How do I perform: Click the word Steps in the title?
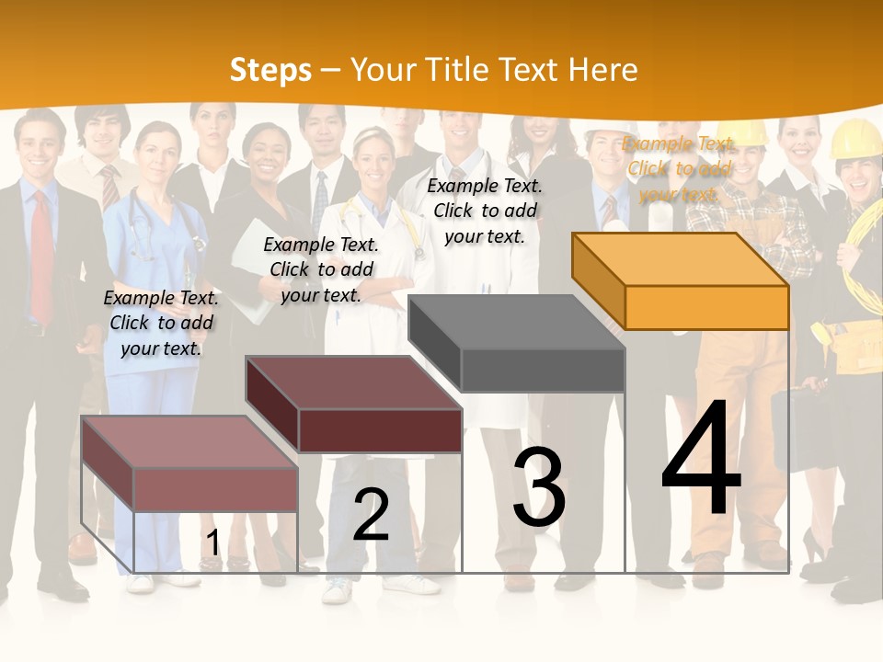click(270, 70)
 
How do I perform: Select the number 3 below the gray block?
click(539, 487)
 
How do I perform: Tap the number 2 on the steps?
click(371, 514)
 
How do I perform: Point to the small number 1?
click(212, 543)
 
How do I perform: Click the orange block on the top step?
click(681, 281)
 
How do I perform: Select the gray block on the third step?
click(517, 344)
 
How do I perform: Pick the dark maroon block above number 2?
click(354, 405)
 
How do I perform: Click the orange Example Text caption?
click(679, 168)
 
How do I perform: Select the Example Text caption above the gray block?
click(485, 211)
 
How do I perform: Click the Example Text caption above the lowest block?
click(161, 323)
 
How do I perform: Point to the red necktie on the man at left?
click(41, 257)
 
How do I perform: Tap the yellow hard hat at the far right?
click(856, 138)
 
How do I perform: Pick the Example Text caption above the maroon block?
click(321, 269)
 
